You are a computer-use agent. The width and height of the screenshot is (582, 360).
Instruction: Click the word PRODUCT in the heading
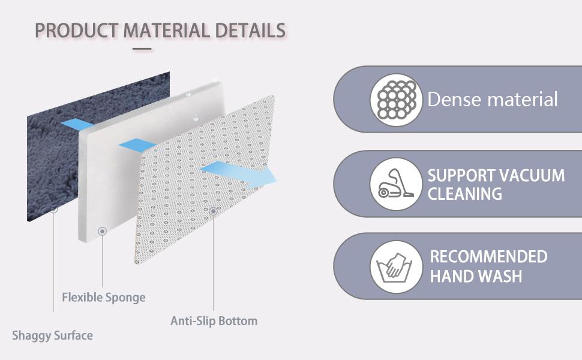click(x=76, y=30)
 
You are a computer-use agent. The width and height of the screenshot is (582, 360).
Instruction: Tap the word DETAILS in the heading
click(x=251, y=30)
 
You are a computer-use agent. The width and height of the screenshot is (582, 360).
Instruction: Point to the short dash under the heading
click(x=142, y=49)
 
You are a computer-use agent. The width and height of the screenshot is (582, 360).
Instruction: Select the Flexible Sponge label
click(x=104, y=297)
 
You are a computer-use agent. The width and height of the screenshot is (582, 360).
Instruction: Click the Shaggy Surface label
click(x=52, y=335)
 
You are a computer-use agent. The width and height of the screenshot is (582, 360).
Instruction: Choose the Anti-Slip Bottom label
click(x=214, y=320)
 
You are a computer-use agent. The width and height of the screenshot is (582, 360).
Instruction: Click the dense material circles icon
click(x=396, y=100)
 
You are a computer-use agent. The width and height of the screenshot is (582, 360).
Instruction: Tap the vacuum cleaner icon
click(x=395, y=184)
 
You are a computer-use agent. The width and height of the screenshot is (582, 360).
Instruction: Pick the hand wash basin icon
click(x=394, y=267)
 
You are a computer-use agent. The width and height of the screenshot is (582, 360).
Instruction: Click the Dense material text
click(x=493, y=100)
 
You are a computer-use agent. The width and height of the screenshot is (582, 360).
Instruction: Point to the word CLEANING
click(x=465, y=194)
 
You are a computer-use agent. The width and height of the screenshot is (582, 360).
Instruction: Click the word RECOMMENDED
click(x=488, y=256)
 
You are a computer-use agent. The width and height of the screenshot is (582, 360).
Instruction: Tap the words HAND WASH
click(x=476, y=276)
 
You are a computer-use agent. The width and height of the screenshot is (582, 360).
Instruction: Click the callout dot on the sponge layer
click(x=103, y=231)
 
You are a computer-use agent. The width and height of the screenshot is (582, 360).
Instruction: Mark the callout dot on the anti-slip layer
click(x=212, y=211)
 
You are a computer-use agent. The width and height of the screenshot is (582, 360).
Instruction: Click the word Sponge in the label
click(x=125, y=298)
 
